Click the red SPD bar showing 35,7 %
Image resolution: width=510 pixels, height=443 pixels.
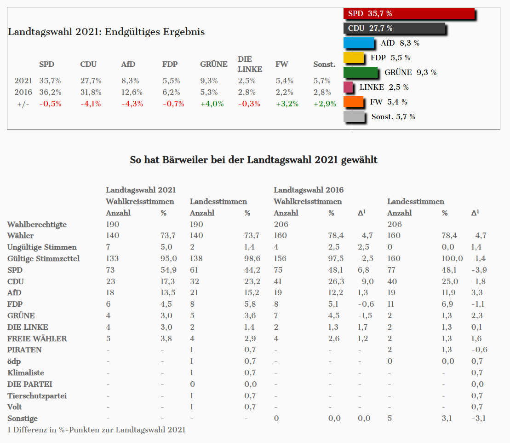408,14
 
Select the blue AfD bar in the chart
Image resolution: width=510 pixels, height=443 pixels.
359,43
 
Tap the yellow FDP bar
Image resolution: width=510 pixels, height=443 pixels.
354,58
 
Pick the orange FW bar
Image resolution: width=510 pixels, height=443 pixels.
354,102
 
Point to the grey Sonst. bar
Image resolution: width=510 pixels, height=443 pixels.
355,117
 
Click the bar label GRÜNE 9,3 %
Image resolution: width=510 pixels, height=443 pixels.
410,72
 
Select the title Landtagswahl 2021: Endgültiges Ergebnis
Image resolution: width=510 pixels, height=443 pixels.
106,32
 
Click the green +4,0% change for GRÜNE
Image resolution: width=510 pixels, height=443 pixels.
212,104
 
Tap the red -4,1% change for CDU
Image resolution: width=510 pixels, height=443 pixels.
90,104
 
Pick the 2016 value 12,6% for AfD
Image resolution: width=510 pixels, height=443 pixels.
132,92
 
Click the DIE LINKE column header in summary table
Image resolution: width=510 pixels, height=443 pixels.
250,64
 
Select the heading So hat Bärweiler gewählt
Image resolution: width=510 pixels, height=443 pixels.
254,160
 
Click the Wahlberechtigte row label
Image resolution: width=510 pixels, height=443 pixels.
37,224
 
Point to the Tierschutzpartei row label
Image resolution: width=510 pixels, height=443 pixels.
37,396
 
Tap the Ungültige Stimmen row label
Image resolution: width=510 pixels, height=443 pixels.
42,247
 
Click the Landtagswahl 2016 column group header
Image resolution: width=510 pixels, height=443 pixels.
309,190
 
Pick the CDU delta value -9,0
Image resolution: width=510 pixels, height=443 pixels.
366,281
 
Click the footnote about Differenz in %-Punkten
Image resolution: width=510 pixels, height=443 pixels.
96,430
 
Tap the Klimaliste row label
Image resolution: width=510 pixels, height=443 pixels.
26,373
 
